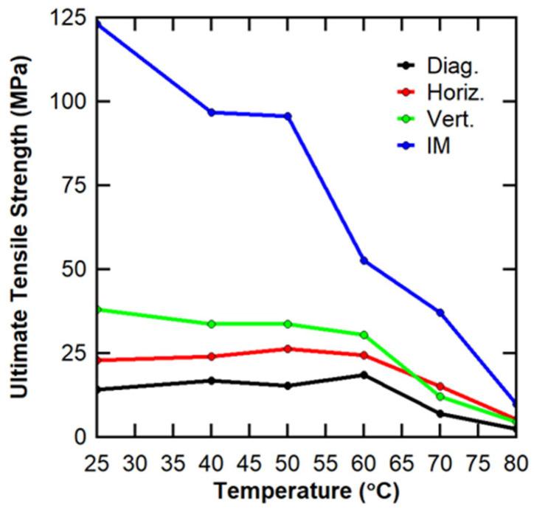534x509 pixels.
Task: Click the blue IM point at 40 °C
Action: pyautogui.click(x=211, y=112)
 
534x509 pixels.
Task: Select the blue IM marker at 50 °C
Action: pyautogui.click(x=288, y=116)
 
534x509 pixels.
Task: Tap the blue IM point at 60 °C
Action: pyautogui.click(x=364, y=260)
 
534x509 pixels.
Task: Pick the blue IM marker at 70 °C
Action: pyautogui.click(x=440, y=313)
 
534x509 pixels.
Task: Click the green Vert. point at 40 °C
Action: pyautogui.click(x=211, y=324)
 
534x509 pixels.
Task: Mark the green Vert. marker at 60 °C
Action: pyautogui.click(x=364, y=335)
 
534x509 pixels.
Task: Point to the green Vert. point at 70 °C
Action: pyautogui.click(x=440, y=397)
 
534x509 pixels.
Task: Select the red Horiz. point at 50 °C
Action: pyautogui.click(x=288, y=349)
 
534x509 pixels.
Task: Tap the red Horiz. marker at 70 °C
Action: pyautogui.click(x=440, y=387)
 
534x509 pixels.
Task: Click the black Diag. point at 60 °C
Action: pyautogui.click(x=364, y=375)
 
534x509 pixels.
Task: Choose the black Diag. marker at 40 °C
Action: pyautogui.click(x=211, y=381)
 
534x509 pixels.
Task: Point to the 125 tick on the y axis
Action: pyautogui.click(x=66, y=17)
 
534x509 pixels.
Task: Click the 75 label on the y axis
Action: pyautogui.click(x=72, y=185)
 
